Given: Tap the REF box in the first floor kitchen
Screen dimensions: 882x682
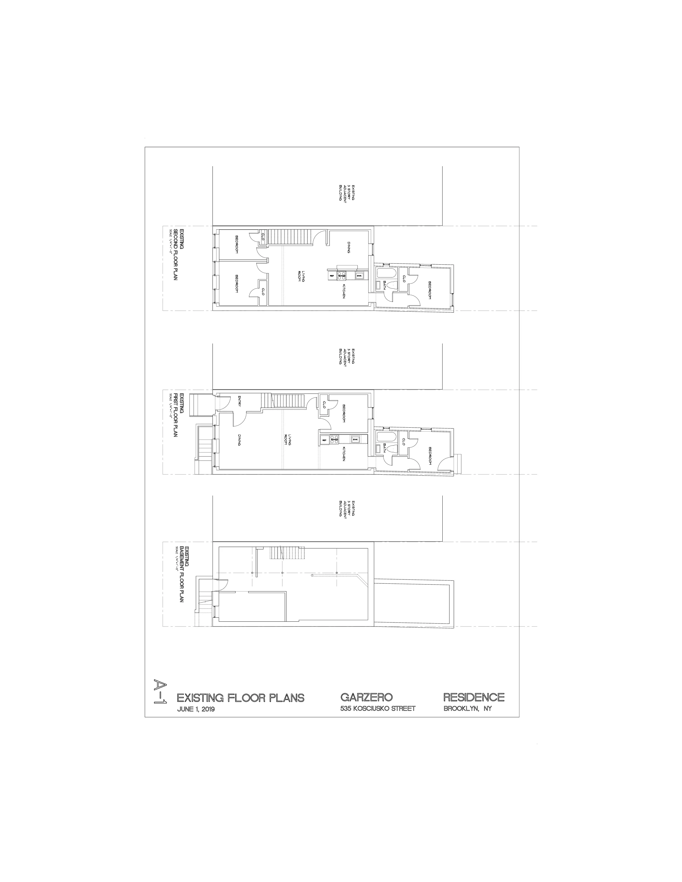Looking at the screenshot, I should (x=324, y=440).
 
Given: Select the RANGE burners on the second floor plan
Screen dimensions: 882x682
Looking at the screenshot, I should (x=342, y=276).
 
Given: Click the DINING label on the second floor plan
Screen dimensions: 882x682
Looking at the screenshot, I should (x=348, y=247).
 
